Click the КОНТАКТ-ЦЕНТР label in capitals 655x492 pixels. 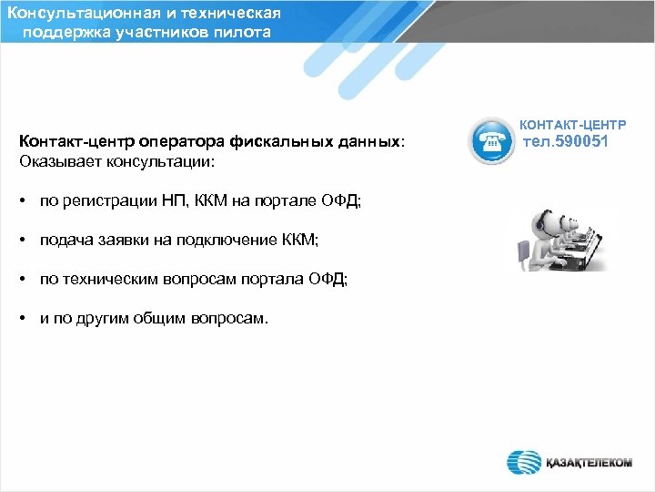coord(573,123)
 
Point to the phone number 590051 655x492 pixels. coord(591,142)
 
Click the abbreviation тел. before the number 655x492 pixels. coord(542,142)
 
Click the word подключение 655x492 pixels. coord(221,240)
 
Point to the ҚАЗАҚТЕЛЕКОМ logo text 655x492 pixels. coord(588,463)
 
